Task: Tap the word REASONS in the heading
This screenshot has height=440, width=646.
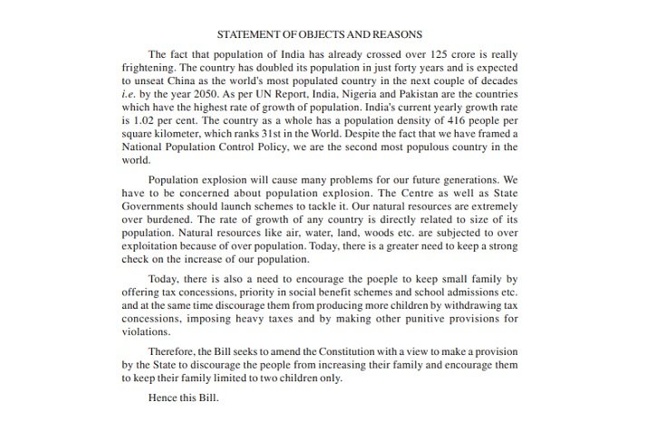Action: point(393,34)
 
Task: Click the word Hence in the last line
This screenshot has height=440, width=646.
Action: point(164,397)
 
